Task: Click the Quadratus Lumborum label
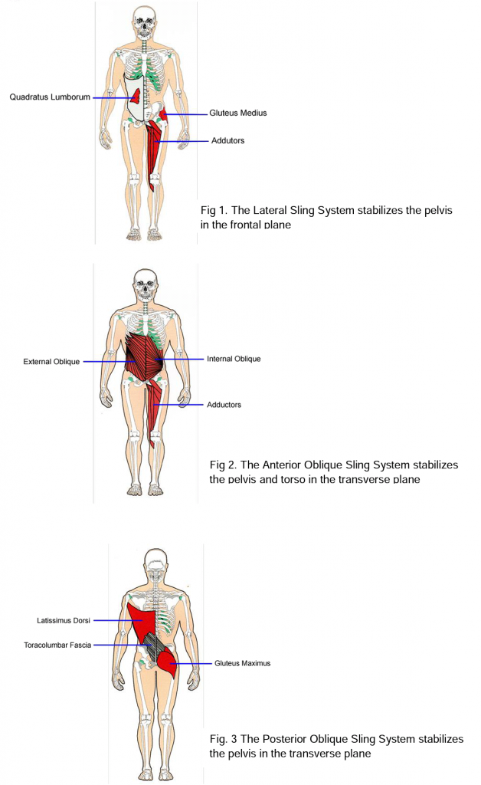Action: click(50, 97)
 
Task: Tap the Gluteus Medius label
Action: click(238, 113)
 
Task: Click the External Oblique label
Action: click(51, 362)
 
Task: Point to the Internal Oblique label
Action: click(234, 359)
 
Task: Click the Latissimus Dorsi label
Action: click(64, 620)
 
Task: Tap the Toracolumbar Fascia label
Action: click(57, 645)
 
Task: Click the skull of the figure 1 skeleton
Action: click(142, 24)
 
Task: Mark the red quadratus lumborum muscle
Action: click(135, 96)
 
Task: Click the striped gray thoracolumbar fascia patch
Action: click(155, 649)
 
